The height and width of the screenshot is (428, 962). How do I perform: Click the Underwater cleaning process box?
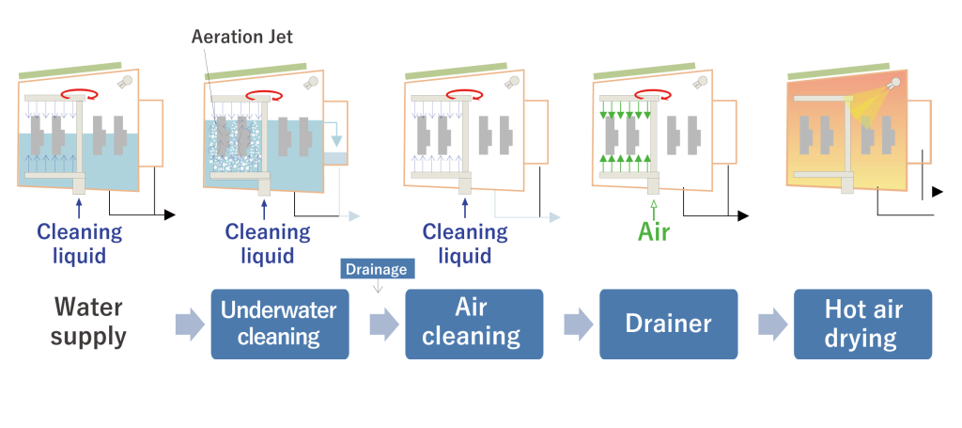pyautogui.click(x=280, y=324)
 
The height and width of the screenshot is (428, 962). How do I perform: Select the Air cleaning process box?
pyautogui.click(x=474, y=324)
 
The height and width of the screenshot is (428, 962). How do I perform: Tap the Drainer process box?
pyautogui.click(x=669, y=324)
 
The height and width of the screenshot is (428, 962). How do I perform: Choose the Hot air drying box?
pyautogui.click(x=862, y=324)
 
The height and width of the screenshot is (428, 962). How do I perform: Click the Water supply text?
pyautogui.click(x=89, y=322)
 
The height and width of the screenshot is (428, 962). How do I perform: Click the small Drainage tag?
pyautogui.click(x=376, y=269)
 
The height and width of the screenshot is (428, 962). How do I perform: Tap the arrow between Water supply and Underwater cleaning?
pyautogui.click(x=189, y=325)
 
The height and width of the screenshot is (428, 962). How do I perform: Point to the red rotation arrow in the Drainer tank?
pyautogui.click(x=653, y=93)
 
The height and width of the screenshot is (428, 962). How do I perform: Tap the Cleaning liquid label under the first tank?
pyautogui.click(x=80, y=243)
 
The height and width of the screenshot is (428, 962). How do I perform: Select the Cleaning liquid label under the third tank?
pyautogui.click(x=465, y=243)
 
